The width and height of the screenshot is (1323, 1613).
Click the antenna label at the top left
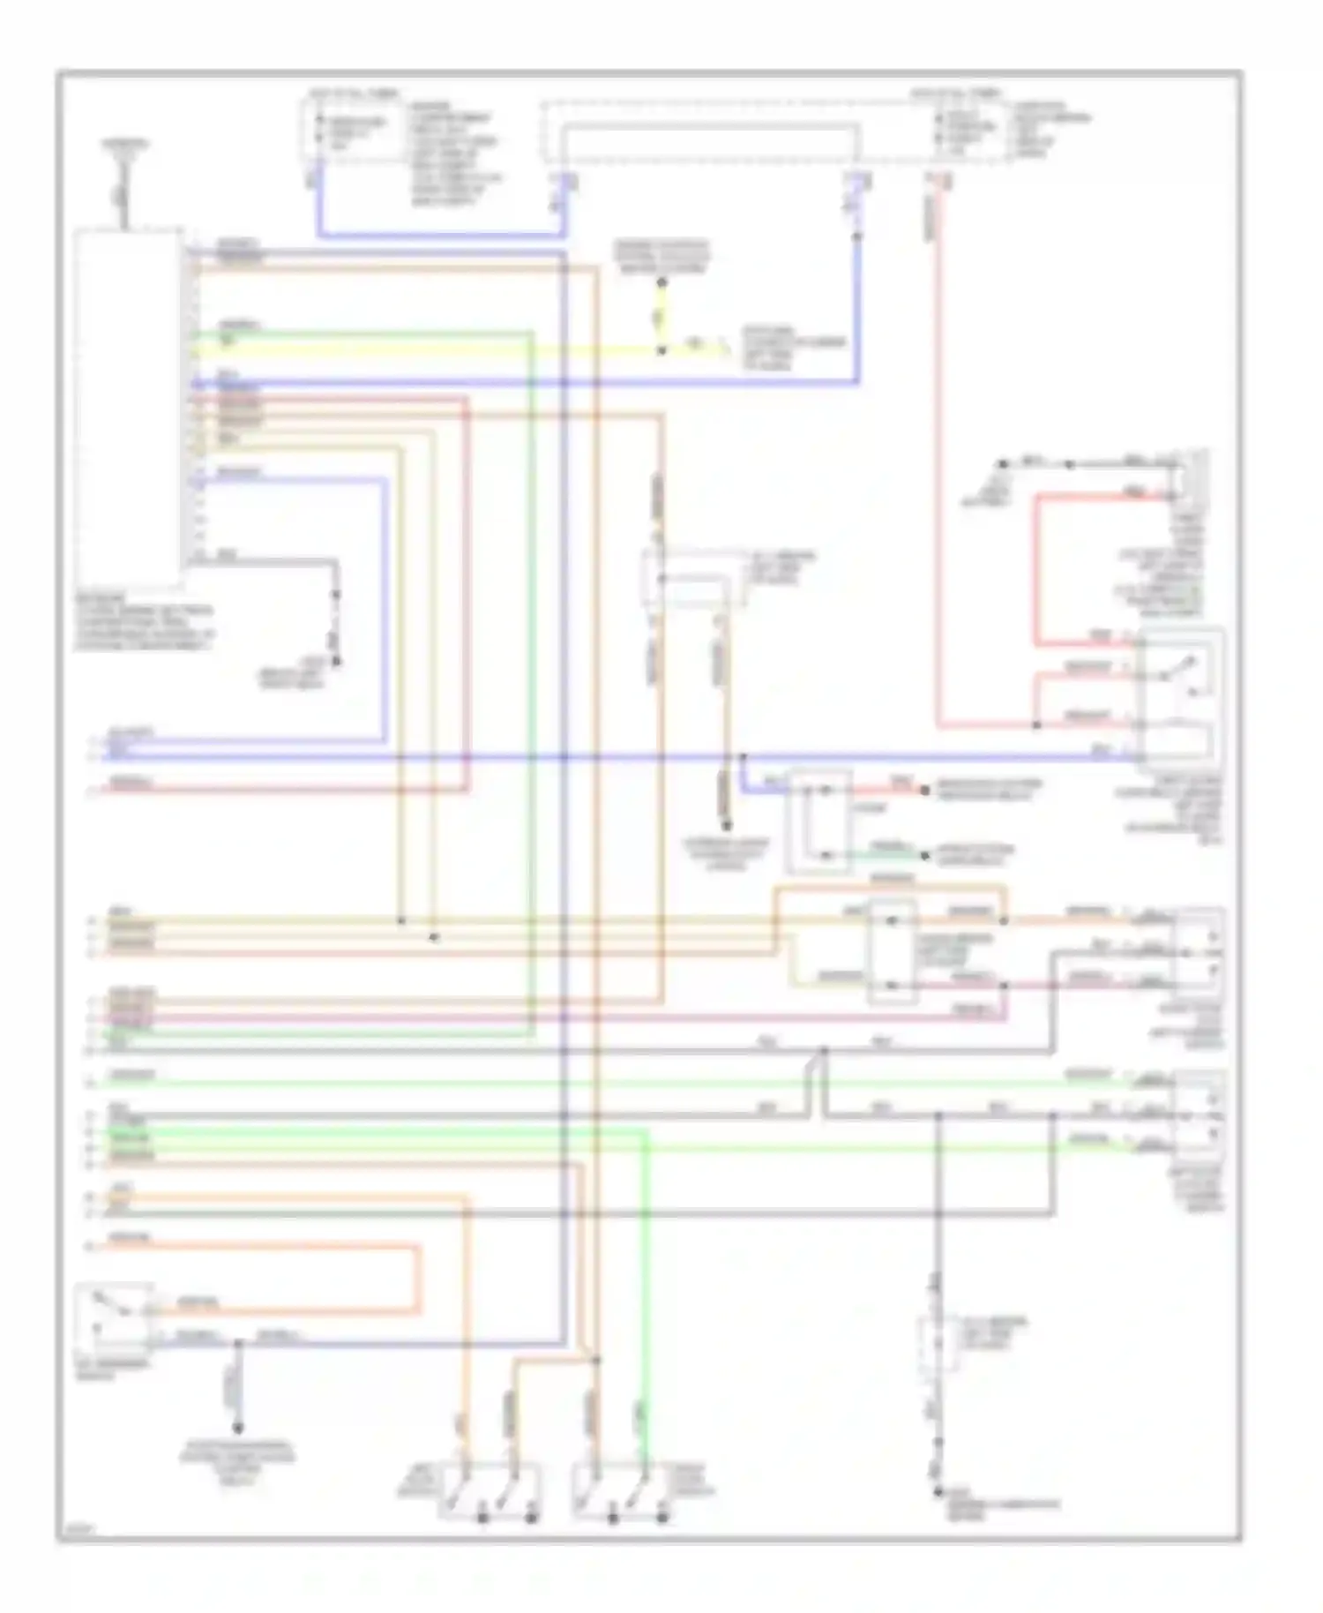[124, 144]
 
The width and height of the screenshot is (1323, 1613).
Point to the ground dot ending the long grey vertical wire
[938, 1492]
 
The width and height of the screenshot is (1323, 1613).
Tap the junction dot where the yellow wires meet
[661, 351]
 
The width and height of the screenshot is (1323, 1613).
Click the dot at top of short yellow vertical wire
[661, 282]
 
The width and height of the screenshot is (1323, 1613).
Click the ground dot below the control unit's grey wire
[335, 660]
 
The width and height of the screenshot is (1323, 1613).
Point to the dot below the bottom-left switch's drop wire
[236, 1428]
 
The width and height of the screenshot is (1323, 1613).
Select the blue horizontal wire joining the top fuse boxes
[441, 235]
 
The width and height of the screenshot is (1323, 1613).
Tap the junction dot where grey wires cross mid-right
[823, 1051]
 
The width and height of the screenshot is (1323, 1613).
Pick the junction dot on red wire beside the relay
[1036, 725]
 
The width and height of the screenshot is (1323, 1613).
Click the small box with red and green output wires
[819, 821]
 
